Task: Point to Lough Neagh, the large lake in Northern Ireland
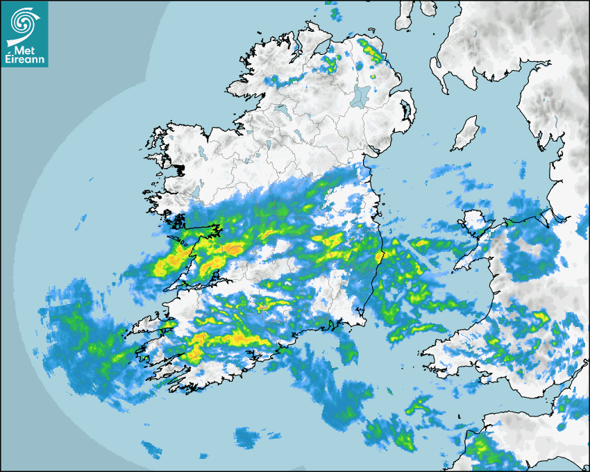(x=361, y=95)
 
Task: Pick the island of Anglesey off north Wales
(x=475, y=222)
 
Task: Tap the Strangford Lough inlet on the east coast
(x=405, y=110)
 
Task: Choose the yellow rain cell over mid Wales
(x=537, y=319)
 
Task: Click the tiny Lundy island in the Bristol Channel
(x=458, y=419)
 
